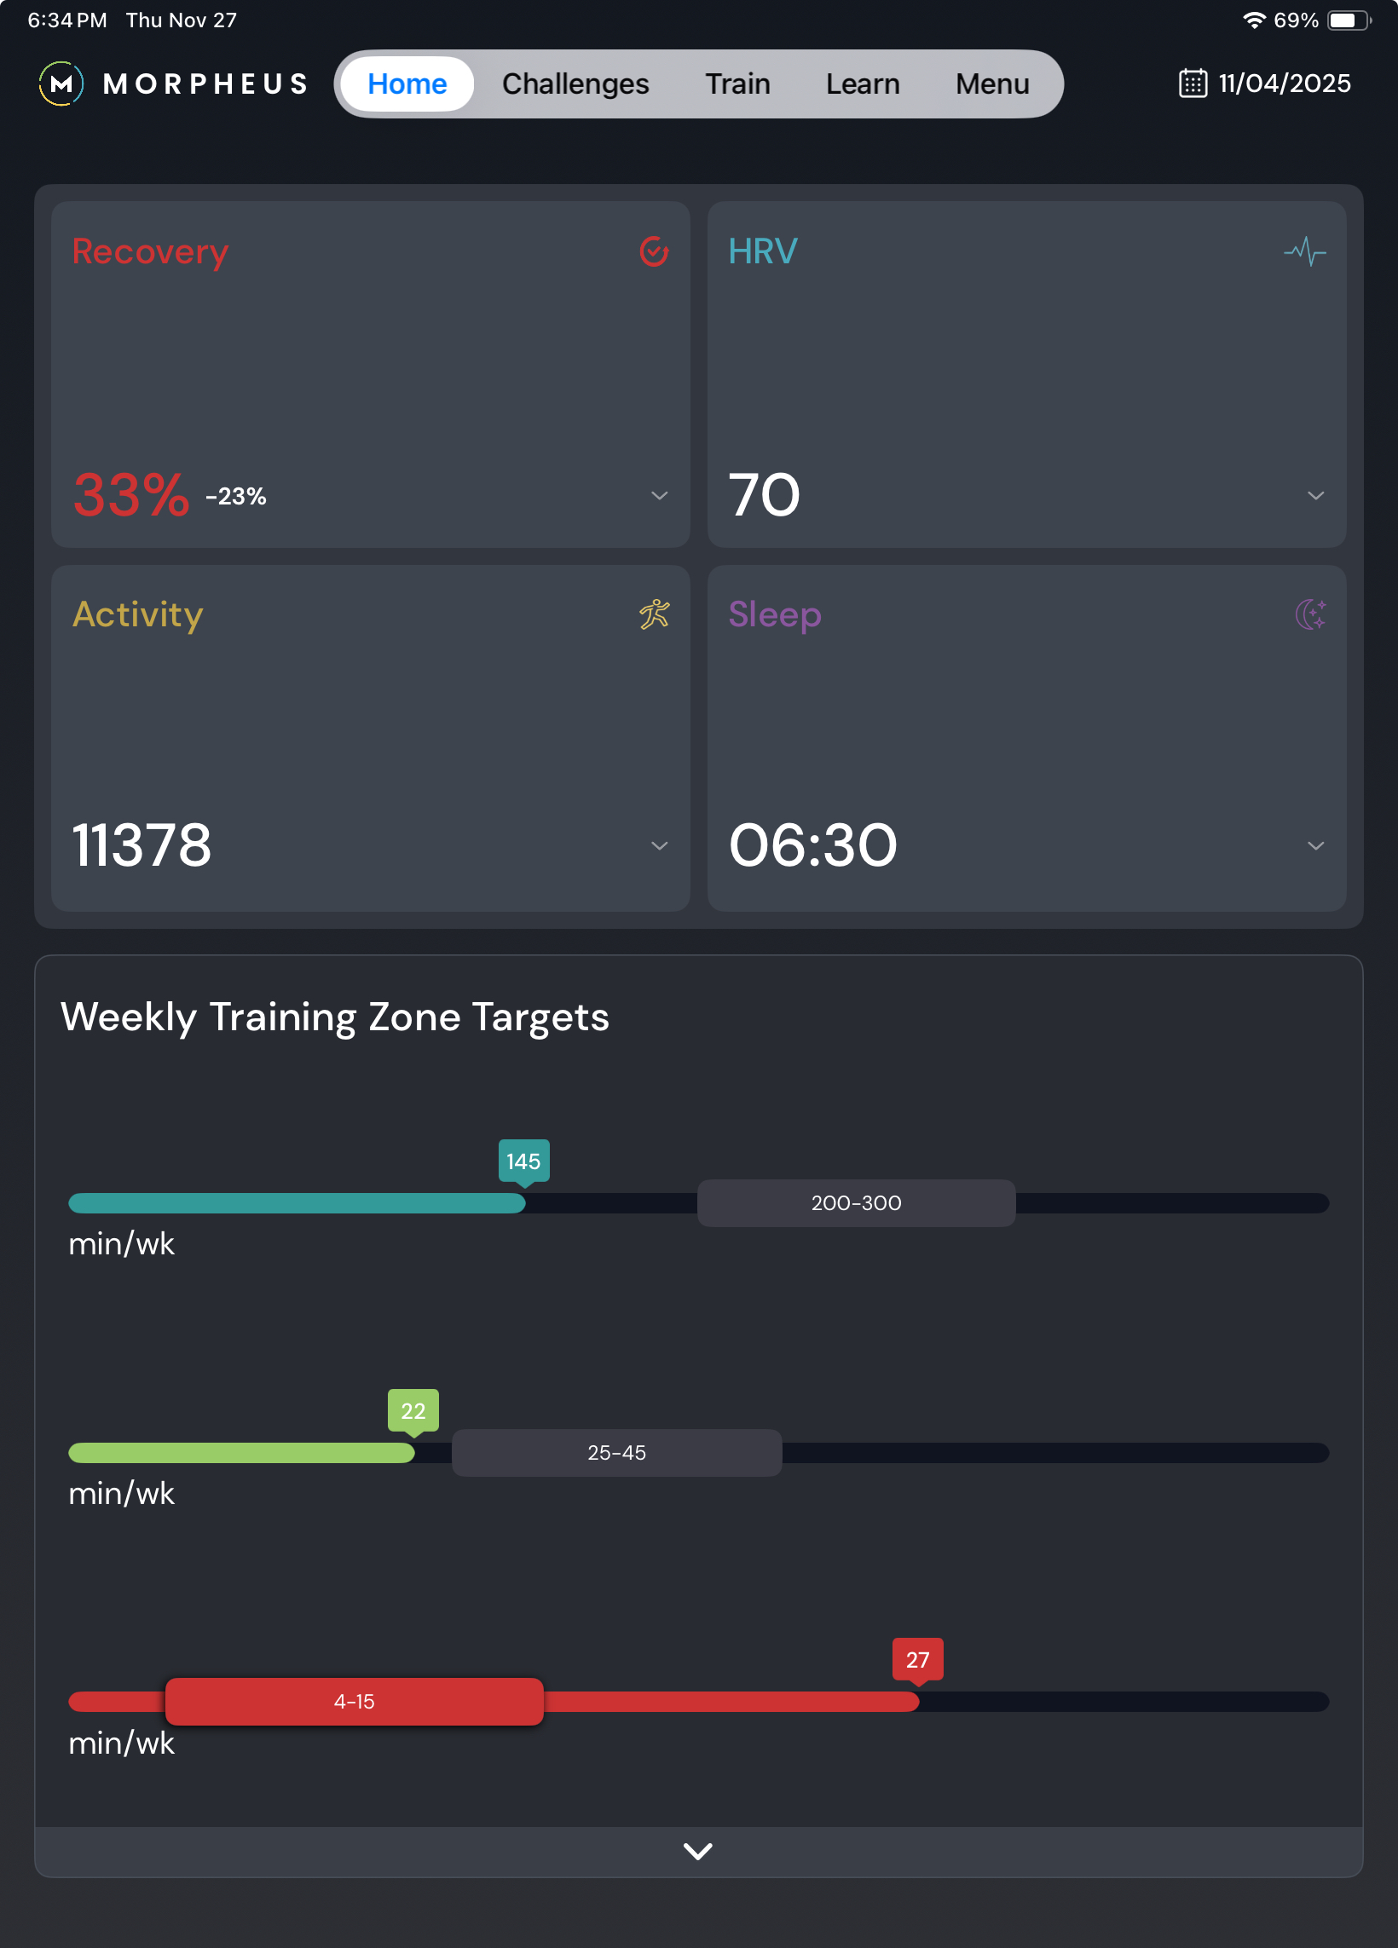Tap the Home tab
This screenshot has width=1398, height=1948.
[407, 84]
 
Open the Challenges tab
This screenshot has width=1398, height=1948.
[575, 84]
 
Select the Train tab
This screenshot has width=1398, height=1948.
[737, 84]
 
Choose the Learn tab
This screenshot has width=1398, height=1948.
[862, 84]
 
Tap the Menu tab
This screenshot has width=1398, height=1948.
[991, 84]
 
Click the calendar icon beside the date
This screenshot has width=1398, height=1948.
[1193, 84]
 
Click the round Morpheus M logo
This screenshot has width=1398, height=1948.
[61, 84]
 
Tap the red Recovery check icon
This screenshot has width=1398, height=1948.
[654, 251]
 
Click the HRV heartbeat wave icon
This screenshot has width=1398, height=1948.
[1304, 251]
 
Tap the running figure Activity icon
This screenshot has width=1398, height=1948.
[654, 614]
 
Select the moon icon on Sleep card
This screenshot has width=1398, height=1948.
[1310, 614]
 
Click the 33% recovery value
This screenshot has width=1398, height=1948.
[130, 496]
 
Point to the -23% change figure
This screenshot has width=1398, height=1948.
[235, 497]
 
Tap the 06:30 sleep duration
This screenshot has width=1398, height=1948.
[812, 845]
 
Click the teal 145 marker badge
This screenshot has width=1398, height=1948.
[523, 1161]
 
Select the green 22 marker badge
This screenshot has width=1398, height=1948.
[413, 1410]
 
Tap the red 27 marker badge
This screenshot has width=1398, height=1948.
[917, 1659]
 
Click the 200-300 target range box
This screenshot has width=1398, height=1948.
[856, 1202]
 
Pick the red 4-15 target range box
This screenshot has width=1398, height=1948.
[354, 1702]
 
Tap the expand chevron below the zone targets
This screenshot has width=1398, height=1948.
[697, 1851]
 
